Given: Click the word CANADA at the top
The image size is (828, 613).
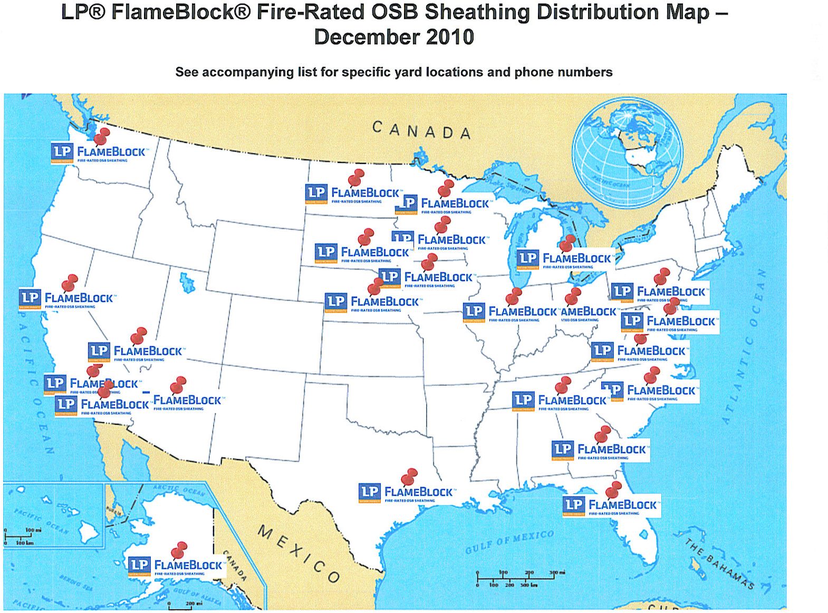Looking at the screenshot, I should pos(421,130).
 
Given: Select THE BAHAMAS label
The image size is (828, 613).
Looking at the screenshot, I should pos(720,564).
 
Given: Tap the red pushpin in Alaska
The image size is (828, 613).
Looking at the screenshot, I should pos(180,549).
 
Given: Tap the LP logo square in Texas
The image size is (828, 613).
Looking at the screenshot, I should pos(369,492).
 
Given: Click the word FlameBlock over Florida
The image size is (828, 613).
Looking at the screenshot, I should pos(623,505).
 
